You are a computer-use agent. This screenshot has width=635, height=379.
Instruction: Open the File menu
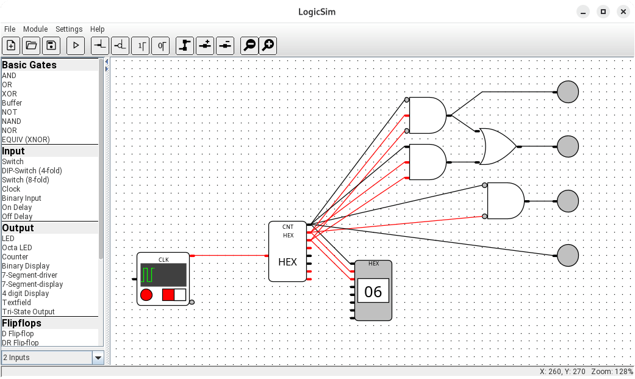pos(10,29)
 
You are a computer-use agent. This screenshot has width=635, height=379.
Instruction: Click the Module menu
pos(35,29)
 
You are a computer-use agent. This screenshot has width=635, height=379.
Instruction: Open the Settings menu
pos(69,29)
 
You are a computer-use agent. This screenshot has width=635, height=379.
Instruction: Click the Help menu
pos(98,29)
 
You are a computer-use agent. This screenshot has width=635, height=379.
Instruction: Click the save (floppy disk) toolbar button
pos(51,45)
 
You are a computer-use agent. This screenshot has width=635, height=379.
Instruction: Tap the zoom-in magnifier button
pos(268,45)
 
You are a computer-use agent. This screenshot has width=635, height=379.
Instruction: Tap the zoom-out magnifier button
pos(249,45)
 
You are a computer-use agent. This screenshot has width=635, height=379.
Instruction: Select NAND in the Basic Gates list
pos(12,121)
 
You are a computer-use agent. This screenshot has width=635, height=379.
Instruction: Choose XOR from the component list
pos(9,94)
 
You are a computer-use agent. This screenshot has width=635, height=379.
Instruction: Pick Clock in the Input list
pos(11,189)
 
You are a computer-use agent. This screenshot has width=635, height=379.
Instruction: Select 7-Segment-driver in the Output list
pos(29,275)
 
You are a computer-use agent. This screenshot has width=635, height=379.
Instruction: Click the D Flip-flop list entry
pos(18,334)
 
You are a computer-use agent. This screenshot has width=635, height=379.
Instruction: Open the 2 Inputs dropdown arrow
pos(98,358)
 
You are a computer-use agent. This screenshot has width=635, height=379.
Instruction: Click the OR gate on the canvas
pos(497,146)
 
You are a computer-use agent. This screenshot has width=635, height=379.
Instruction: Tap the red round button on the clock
pos(146,295)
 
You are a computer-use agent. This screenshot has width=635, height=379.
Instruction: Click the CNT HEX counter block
pos(287,251)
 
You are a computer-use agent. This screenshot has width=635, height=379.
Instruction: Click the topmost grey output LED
pos(568,92)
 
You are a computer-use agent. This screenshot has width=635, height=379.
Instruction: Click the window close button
pos(623,12)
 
